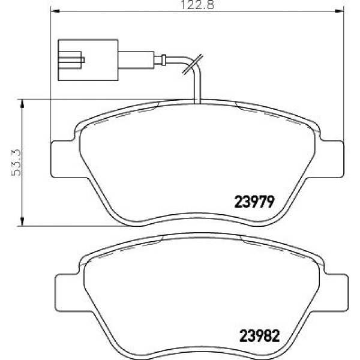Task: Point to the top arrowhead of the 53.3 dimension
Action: pyautogui.click(x=23, y=103)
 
